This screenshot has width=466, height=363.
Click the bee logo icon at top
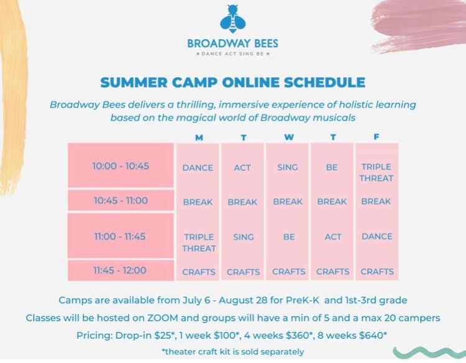click(232, 20)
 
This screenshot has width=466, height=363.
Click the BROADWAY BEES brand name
click(232, 44)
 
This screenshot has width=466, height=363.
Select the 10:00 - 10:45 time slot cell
click(121, 166)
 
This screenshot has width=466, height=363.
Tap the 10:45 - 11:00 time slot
click(121, 201)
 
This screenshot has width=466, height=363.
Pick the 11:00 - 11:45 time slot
click(121, 236)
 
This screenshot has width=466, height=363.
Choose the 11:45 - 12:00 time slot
click(121, 270)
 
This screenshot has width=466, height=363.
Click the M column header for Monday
click(199, 137)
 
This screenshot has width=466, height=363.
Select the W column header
click(288, 137)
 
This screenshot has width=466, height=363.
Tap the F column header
click(377, 137)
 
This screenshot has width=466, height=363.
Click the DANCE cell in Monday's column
click(198, 167)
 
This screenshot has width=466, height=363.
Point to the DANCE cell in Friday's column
click(377, 236)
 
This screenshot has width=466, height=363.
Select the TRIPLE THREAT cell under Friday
click(377, 172)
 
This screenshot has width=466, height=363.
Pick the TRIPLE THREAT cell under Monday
click(199, 242)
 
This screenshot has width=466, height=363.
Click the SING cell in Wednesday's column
click(288, 167)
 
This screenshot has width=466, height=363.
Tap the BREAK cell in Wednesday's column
click(288, 201)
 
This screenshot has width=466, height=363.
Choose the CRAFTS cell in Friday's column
click(377, 271)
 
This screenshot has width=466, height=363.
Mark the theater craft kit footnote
click(232, 351)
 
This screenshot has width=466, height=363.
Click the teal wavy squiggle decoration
click(428, 352)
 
